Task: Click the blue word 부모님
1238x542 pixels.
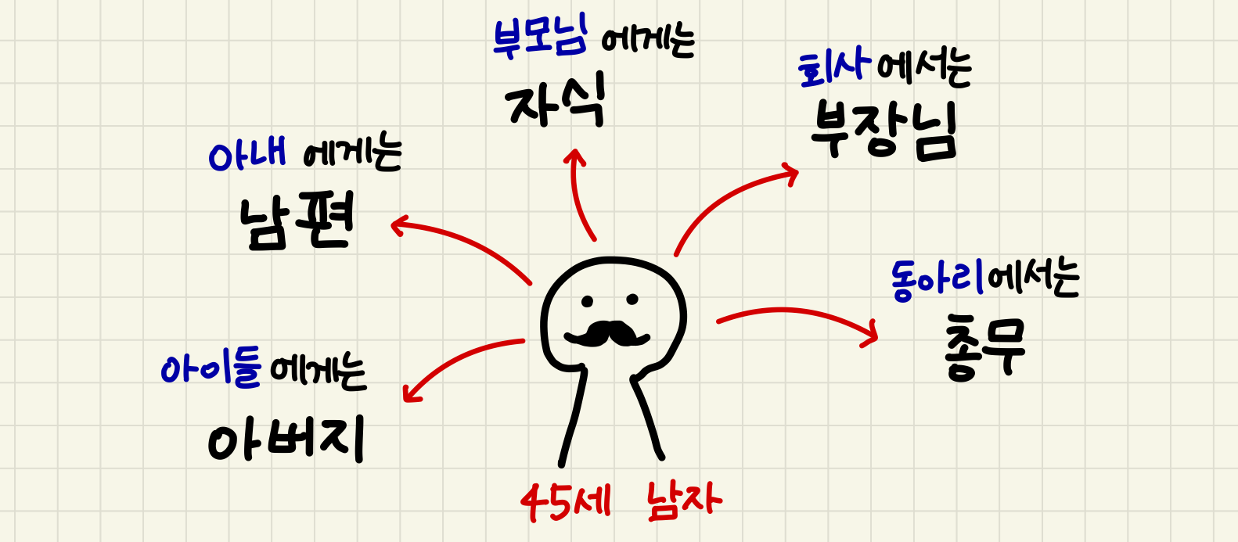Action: (x=539, y=38)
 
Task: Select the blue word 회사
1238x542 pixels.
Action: (x=834, y=70)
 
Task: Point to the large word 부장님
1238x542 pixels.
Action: (x=884, y=131)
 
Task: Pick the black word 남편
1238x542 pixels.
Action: (x=297, y=221)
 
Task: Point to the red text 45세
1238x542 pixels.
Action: (x=566, y=502)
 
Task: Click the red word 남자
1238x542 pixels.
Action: (x=684, y=501)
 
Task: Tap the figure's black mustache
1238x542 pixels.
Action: (x=606, y=333)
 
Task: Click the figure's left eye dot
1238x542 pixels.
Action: (x=587, y=301)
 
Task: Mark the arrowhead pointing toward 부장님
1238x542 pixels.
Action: (x=790, y=174)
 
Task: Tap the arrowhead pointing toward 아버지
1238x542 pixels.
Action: (x=411, y=394)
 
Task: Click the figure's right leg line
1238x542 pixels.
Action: (x=646, y=418)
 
